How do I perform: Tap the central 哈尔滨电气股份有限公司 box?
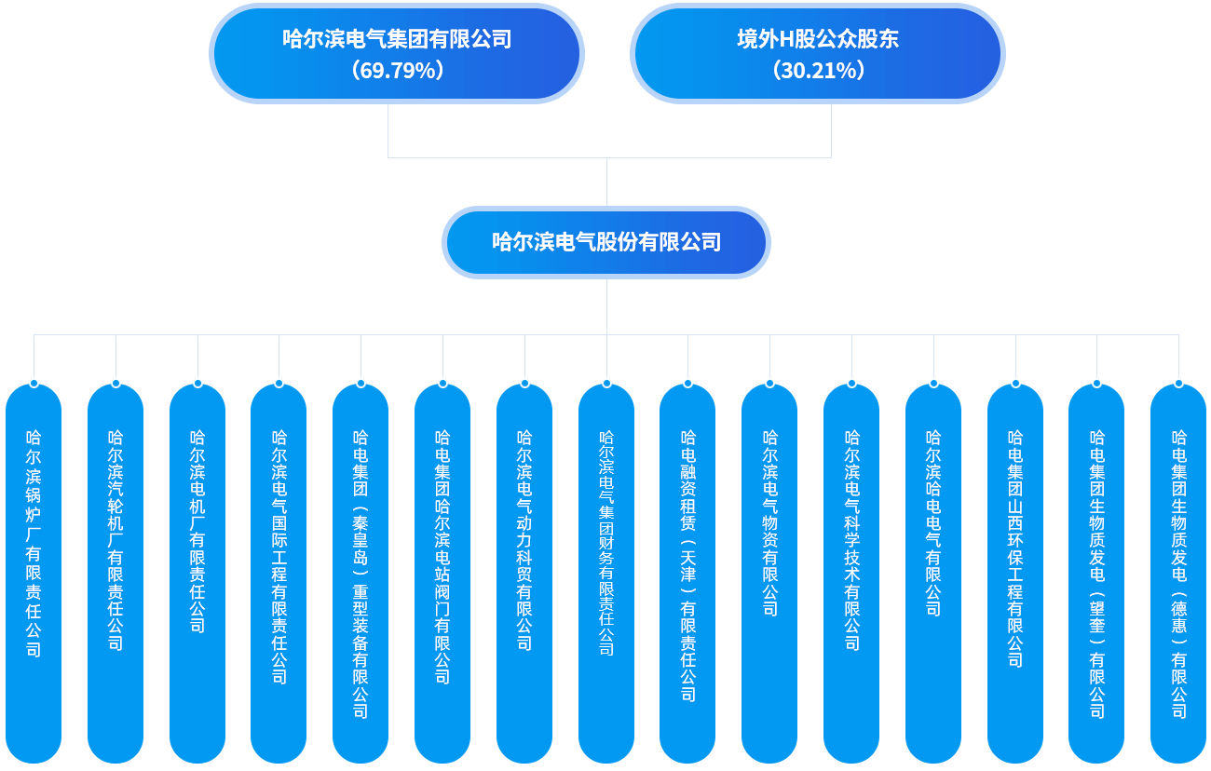pos(606,242)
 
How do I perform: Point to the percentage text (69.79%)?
pos(397,70)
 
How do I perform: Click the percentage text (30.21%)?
pos(818,70)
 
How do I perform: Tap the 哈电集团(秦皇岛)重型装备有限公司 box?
pos(361,573)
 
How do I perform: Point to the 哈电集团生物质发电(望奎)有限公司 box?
pos(1096,573)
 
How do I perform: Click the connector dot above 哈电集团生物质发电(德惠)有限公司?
pos(1178,383)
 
